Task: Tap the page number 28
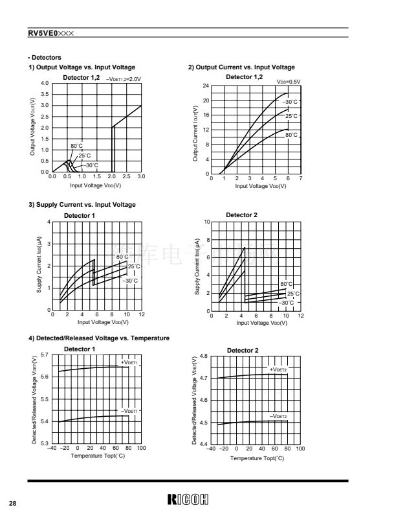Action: [13, 503]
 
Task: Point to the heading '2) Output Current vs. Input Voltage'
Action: [241, 67]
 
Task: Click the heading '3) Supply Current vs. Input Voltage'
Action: [82, 205]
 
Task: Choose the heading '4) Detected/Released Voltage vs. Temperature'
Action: [99, 338]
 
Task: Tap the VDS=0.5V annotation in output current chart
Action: [289, 82]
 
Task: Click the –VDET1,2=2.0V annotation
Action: [123, 78]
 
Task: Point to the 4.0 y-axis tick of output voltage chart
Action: [45, 84]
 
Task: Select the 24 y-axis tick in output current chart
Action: [205, 86]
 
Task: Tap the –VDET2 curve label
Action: [278, 416]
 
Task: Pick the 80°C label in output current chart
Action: [291, 135]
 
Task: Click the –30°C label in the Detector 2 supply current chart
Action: [286, 303]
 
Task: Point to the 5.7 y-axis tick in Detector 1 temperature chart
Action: [45, 355]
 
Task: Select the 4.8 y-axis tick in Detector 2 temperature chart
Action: [203, 356]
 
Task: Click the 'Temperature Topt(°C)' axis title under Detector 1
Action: [98, 456]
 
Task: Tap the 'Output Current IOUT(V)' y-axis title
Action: [195, 134]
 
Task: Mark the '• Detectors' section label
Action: [45, 58]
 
